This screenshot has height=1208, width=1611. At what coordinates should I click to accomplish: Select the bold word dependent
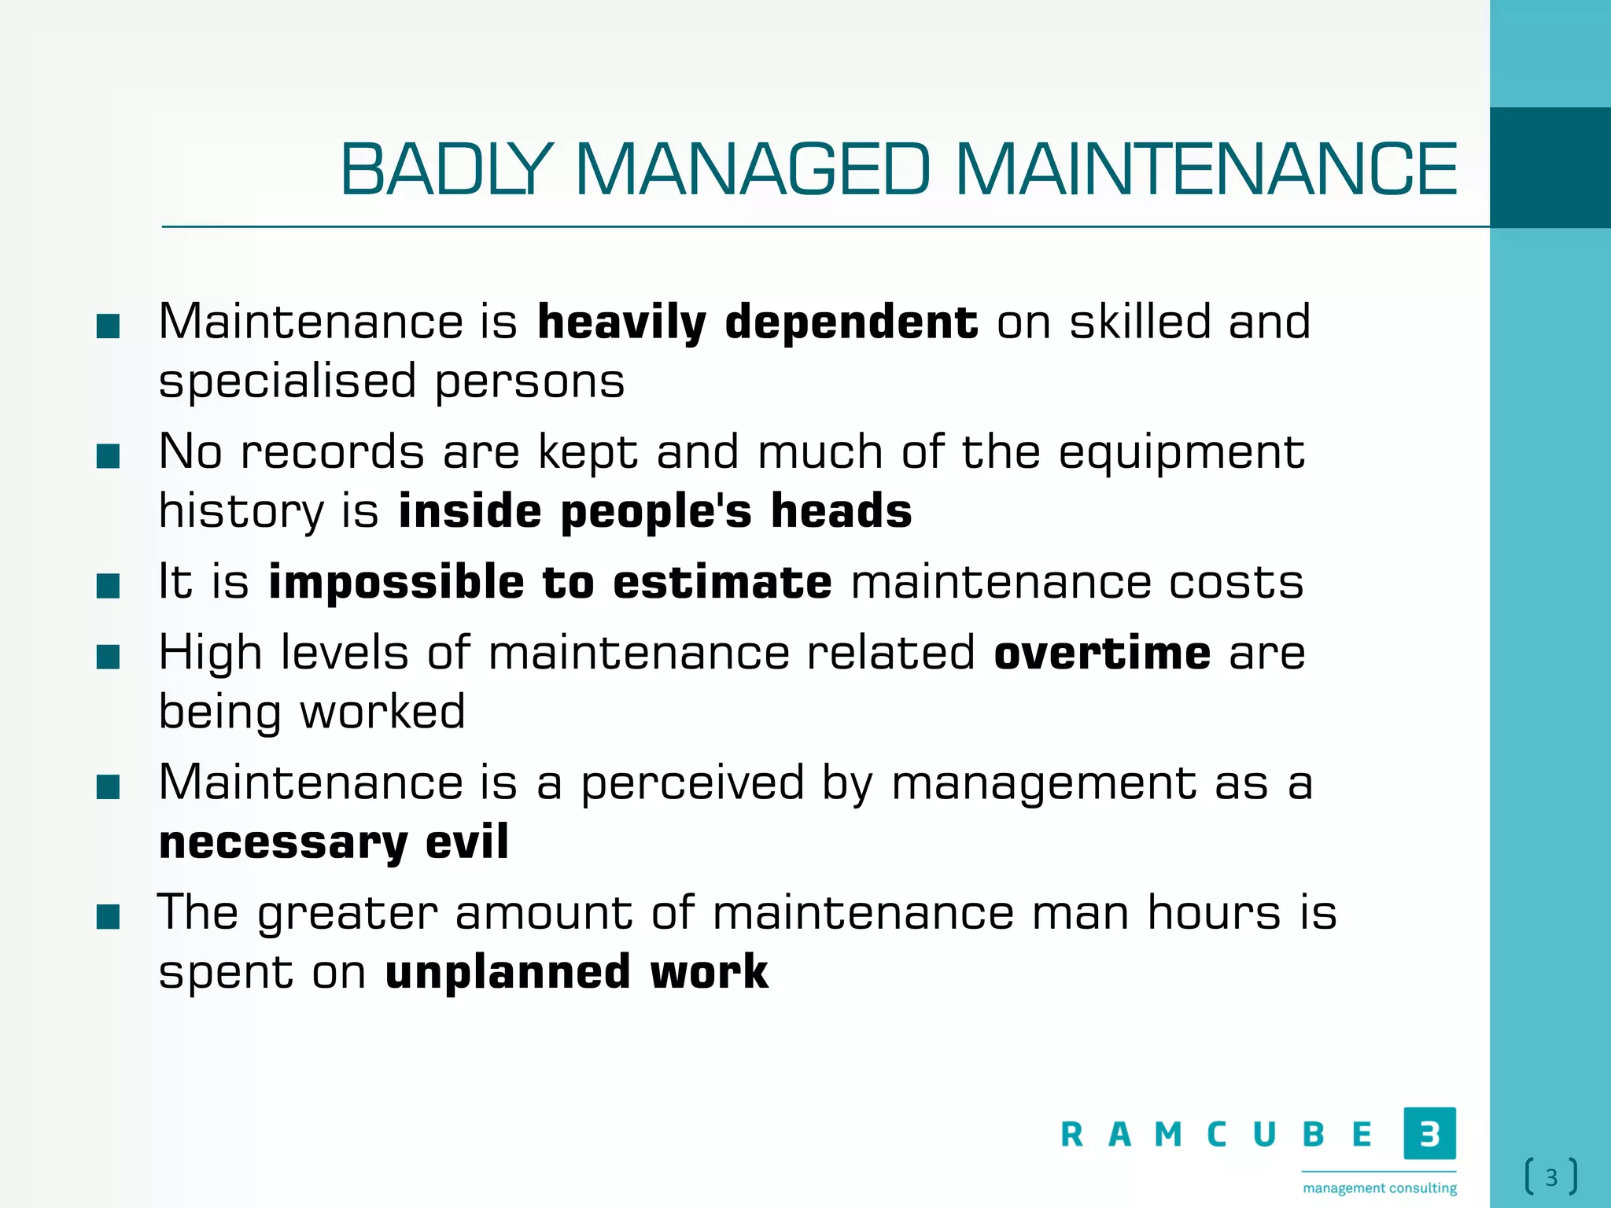851,322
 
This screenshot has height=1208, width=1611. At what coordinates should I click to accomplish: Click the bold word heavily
621,322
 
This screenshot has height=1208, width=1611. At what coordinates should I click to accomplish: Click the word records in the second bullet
332,452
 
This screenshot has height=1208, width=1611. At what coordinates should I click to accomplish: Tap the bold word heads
841,511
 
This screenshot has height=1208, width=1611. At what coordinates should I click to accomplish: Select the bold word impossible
396,584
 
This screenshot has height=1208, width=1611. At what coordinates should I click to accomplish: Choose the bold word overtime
1102,654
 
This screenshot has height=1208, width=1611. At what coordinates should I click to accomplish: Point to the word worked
383,712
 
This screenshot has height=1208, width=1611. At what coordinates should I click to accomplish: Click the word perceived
692,783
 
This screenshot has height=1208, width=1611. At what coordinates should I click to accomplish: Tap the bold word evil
467,842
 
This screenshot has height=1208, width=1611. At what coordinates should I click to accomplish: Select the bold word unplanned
507,973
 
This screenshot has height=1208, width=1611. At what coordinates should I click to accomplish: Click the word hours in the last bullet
1214,913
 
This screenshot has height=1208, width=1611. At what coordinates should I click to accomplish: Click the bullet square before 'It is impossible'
108,586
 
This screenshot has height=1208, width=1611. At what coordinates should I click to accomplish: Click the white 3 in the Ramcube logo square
1429,1133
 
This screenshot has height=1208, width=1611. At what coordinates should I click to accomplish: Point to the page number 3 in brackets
1551,1177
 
